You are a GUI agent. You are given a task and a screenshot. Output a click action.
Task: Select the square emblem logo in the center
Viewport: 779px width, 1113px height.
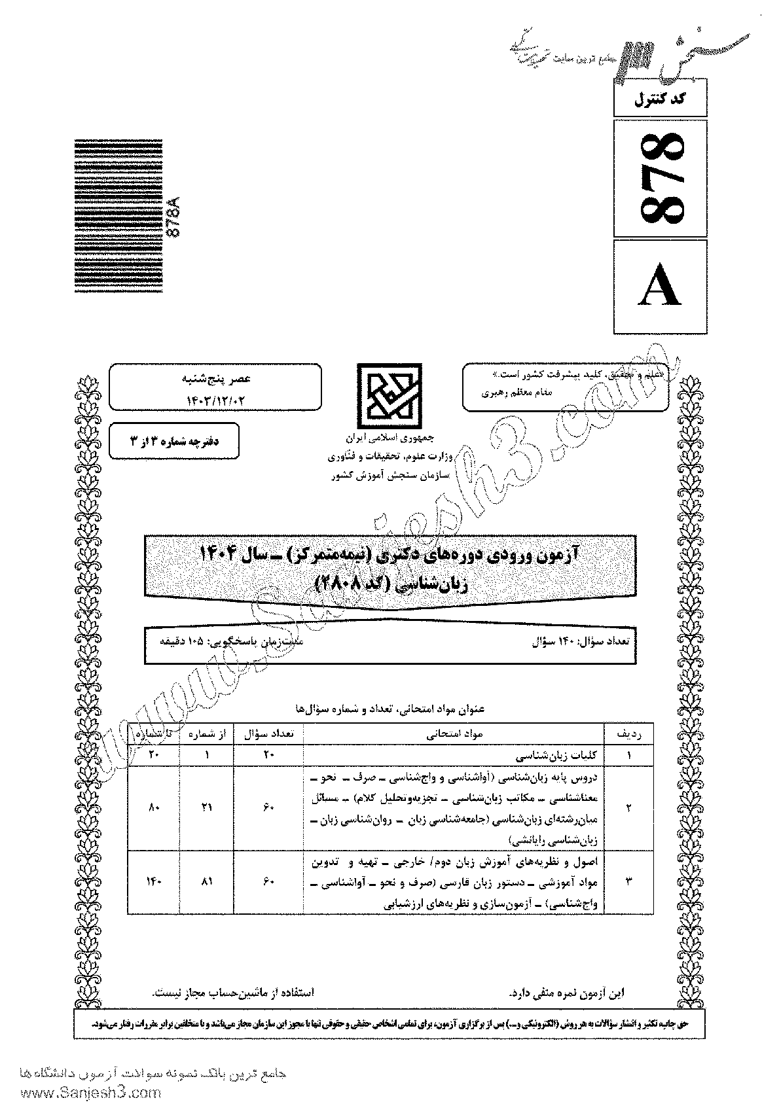384,393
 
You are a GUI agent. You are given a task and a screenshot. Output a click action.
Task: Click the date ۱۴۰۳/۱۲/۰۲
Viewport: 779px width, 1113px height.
215,397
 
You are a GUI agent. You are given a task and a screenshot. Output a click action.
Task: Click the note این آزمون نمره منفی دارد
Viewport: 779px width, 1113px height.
566,992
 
